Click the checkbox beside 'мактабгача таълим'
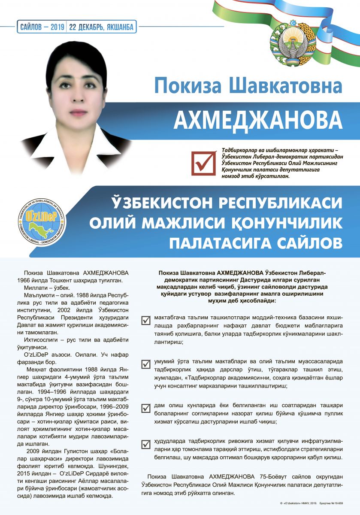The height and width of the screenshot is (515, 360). tap(145, 320)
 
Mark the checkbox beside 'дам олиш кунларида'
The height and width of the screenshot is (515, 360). tap(145, 407)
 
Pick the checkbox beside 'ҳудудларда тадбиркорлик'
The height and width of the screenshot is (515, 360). tap(145, 443)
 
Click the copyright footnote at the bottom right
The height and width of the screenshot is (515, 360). tap(311, 502)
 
